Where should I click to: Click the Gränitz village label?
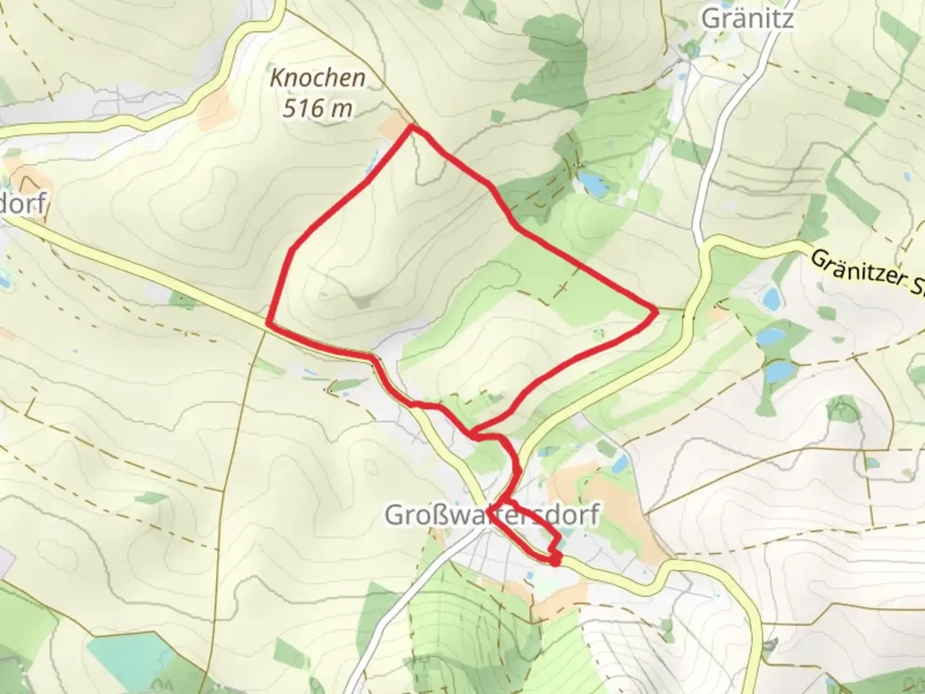click(747, 18)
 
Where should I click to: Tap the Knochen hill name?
click(317, 78)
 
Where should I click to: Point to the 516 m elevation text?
click(317, 108)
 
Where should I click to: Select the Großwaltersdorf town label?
click(492, 515)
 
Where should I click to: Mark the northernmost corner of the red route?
click(412, 128)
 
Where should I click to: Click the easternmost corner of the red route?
click(656, 312)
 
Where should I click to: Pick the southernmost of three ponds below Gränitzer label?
click(779, 372)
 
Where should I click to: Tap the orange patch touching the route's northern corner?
click(395, 127)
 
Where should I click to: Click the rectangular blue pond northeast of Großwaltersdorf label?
click(619, 461)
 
